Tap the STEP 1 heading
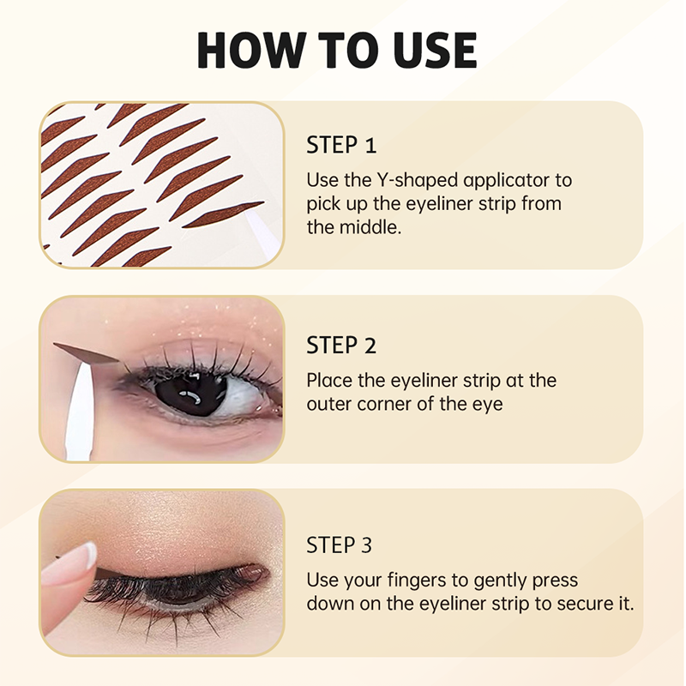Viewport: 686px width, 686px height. coord(341,145)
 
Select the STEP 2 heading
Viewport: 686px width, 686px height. coord(341,346)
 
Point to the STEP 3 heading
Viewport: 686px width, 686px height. coord(341,545)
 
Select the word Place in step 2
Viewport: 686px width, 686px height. coord(328,381)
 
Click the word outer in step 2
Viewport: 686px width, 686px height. coord(328,405)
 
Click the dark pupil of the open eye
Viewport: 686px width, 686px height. coord(190,394)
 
